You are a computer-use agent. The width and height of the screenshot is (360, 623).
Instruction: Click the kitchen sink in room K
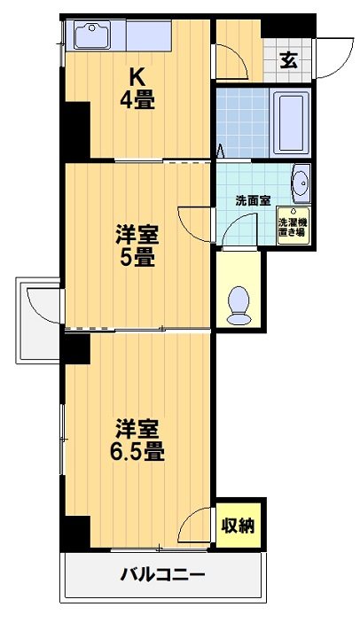[91, 37]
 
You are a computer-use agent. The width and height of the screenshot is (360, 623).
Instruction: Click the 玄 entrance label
[289, 60]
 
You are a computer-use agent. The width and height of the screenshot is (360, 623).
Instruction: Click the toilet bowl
[239, 304]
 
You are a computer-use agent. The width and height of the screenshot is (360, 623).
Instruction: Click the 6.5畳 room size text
[137, 450]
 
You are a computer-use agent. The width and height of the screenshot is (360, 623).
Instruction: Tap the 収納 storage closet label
[239, 526]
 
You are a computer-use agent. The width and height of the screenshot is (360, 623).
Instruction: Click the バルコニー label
[163, 574]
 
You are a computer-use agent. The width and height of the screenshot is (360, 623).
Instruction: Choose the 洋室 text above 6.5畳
[137, 427]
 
